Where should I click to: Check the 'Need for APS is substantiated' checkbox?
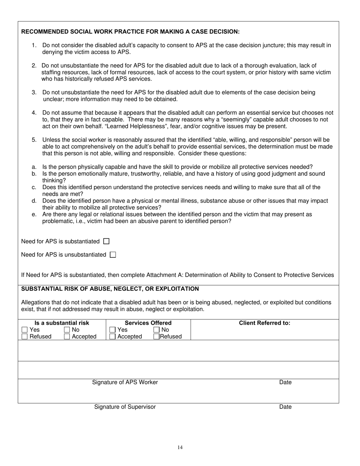[106, 241]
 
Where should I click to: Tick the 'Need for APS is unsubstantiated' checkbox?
[113, 255]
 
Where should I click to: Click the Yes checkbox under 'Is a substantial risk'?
[25, 330]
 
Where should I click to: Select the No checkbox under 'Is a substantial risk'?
[67, 330]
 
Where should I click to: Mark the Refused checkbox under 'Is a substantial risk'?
[25, 336]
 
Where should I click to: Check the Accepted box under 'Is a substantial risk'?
[67, 336]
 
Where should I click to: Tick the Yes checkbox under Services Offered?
[113, 330]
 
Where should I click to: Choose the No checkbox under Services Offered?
[157, 330]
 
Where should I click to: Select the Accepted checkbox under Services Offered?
[113, 336]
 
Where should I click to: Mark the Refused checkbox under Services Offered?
[157, 336]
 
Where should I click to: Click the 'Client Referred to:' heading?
[265, 323]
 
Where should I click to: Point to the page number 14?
[180, 447]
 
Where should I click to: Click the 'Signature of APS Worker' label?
[125, 382]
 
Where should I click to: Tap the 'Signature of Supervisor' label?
[125, 407]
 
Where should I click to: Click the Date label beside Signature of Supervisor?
[285, 407]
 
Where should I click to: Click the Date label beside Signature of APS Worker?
[285, 382]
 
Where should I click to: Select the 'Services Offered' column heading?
[148, 323]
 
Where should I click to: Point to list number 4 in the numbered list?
[34, 113]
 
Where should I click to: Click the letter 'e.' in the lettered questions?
[34, 214]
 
